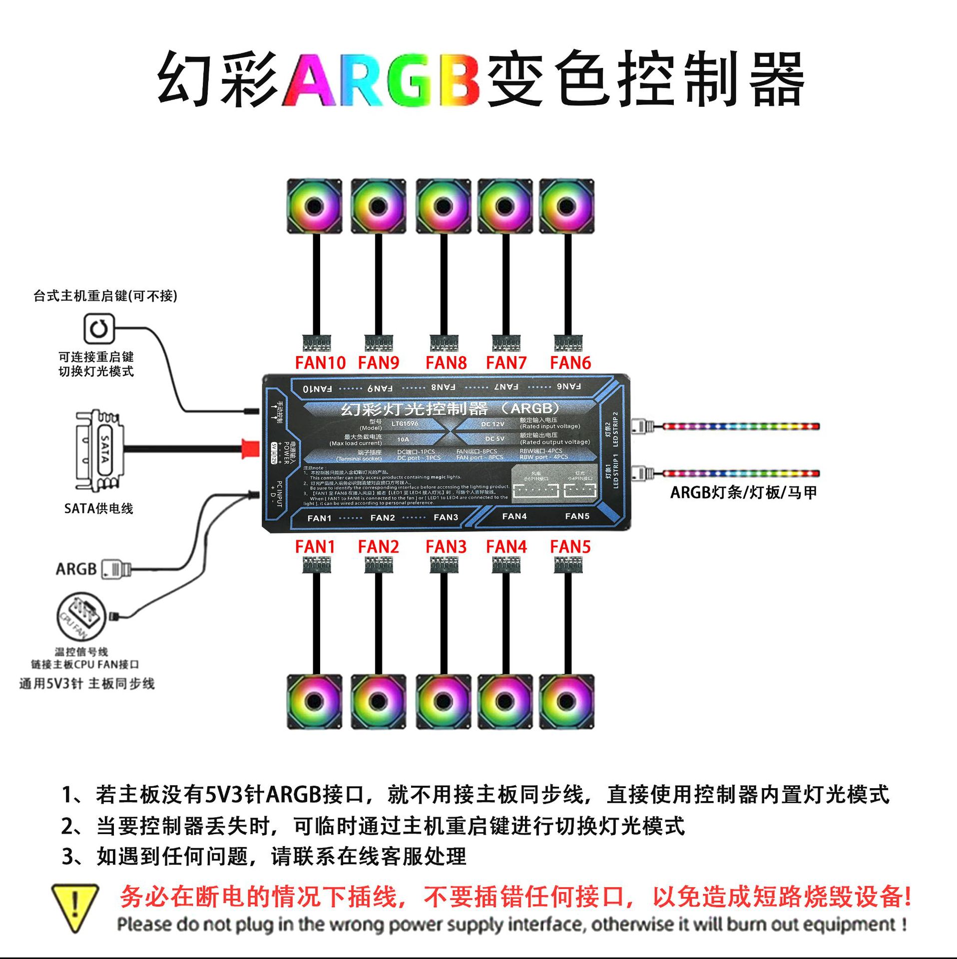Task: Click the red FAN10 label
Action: pyautogui.click(x=320, y=363)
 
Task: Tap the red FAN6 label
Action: pyautogui.click(x=570, y=363)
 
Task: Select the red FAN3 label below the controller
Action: pyautogui.click(x=446, y=546)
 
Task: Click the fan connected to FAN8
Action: pyautogui.click(x=443, y=206)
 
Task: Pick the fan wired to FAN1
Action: pyautogui.click(x=314, y=701)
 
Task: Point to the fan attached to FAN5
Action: pyautogui.click(x=566, y=701)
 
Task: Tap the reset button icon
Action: pyautogui.click(x=98, y=329)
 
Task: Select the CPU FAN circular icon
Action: pyautogui.click(x=81, y=616)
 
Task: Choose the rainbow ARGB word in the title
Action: pyautogui.click(x=382, y=80)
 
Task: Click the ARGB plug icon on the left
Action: pyautogui.click(x=116, y=569)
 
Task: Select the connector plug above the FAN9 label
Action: pyautogui.click(x=379, y=343)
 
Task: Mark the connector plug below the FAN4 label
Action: pyautogui.click(x=506, y=565)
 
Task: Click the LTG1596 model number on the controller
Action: pyautogui.click(x=405, y=424)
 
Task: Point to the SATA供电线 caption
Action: pyautogui.click(x=98, y=508)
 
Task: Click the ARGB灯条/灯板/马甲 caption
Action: pyautogui.click(x=743, y=492)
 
